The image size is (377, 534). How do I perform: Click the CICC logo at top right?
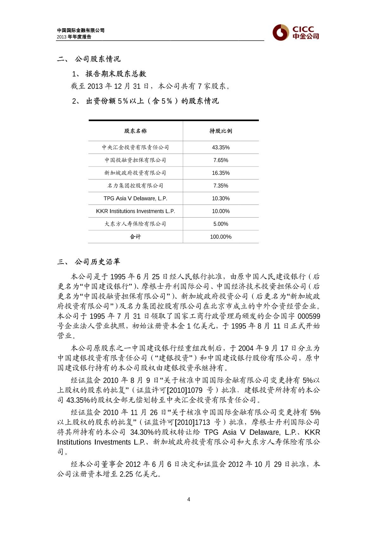click(296, 32)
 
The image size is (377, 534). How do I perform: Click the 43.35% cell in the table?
click(221, 147)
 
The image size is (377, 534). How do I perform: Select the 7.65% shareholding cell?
click(221, 160)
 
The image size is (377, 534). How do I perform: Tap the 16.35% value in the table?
click(221, 173)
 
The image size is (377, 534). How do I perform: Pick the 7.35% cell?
click(221, 186)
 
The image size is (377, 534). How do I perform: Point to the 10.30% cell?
click(221, 198)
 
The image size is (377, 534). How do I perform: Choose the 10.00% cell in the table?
click(221, 211)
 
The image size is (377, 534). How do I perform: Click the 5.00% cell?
click(221, 224)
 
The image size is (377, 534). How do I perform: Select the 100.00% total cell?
click(221, 237)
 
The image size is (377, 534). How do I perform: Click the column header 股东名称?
click(135, 131)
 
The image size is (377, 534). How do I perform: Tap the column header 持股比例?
click(221, 131)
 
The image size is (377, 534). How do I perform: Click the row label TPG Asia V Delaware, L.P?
click(135, 198)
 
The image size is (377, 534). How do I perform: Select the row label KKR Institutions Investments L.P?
click(135, 211)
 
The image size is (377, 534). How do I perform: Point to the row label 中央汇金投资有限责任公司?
click(135, 147)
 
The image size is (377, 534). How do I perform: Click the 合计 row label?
click(135, 237)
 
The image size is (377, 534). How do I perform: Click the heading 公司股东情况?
click(98, 59)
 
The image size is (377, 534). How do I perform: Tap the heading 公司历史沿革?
click(98, 262)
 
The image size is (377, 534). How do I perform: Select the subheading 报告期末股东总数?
click(116, 74)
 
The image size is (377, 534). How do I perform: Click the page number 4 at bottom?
click(189, 499)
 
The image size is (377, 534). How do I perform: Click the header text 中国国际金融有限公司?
click(81, 30)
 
